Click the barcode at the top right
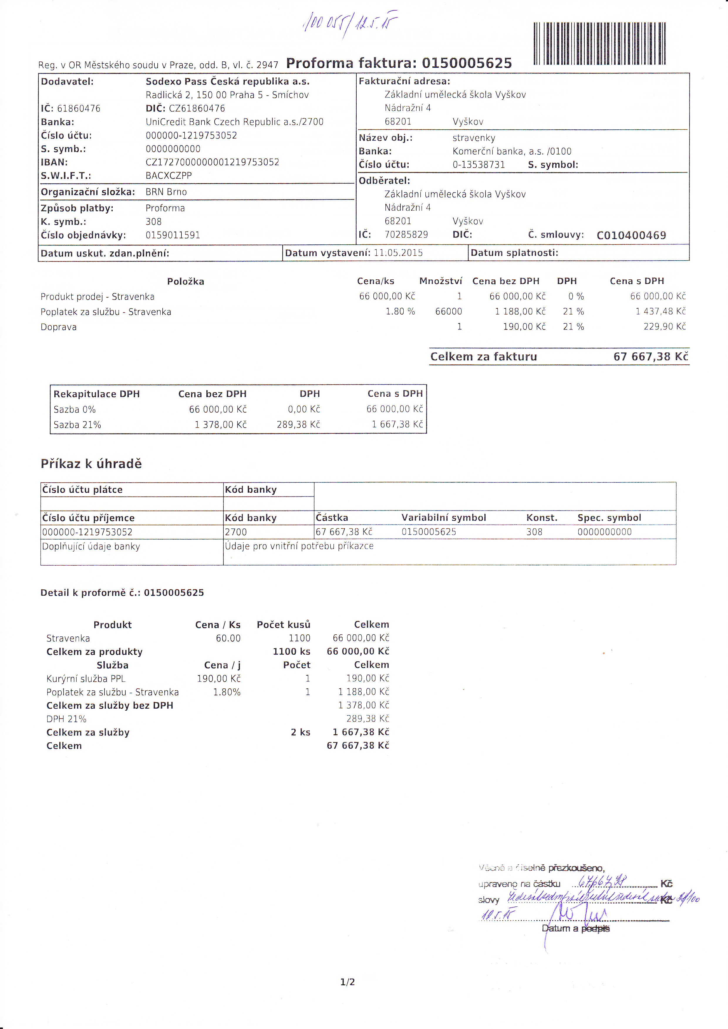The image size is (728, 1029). click(x=599, y=43)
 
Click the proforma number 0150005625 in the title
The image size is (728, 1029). click(x=467, y=63)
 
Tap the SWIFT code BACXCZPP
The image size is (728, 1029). click(x=168, y=176)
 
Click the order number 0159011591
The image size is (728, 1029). click(x=173, y=235)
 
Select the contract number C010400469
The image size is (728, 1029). click(x=631, y=235)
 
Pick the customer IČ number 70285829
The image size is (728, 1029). click(x=406, y=235)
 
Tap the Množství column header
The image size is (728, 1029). click(x=440, y=281)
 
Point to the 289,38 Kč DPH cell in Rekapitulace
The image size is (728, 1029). click(x=298, y=424)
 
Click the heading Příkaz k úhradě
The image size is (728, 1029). click(x=91, y=464)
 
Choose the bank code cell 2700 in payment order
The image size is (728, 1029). click(x=236, y=532)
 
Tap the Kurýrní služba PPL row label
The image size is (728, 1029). click(x=86, y=679)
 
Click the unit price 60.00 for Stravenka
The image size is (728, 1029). click(x=228, y=638)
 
